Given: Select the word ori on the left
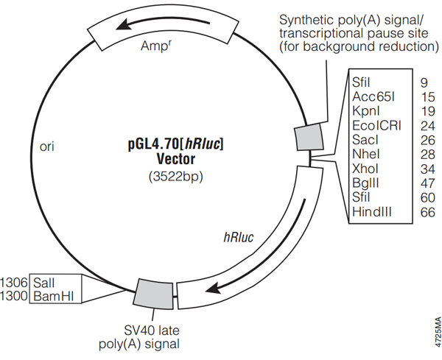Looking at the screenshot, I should pos(46,147).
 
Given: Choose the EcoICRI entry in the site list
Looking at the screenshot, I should pos(376,125).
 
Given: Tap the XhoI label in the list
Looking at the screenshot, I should pos(365,169).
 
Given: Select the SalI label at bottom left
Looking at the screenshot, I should pos(44,283).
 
